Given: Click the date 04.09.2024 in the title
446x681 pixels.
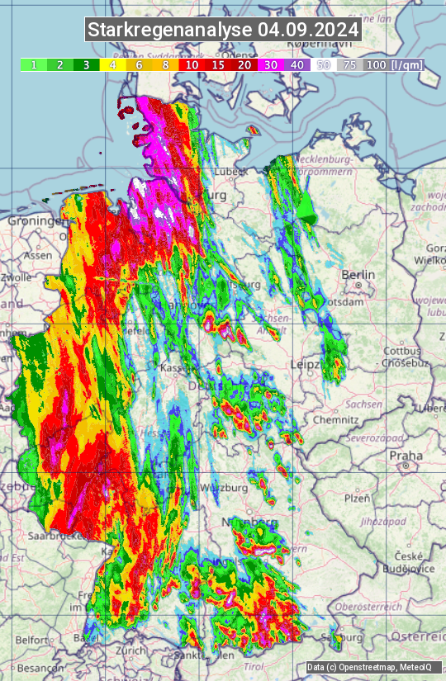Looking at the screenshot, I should [x=308, y=30].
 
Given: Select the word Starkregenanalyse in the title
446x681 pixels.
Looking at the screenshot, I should [x=170, y=30].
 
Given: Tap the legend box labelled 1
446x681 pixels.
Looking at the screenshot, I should [x=33, y=64].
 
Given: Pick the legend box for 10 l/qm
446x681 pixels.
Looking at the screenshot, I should [x=192, y=64].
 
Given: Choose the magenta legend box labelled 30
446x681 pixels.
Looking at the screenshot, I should [x=271, y=64].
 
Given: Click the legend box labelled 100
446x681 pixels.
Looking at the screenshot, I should [x=376, y=64].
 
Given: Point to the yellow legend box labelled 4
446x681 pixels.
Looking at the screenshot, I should [x=112, y=64].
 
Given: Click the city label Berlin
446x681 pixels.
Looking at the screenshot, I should [x=358, y=275].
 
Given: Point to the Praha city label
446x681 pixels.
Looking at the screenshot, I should [x=406, y=455].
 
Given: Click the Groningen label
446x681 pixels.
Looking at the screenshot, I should [x=36, y=221].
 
